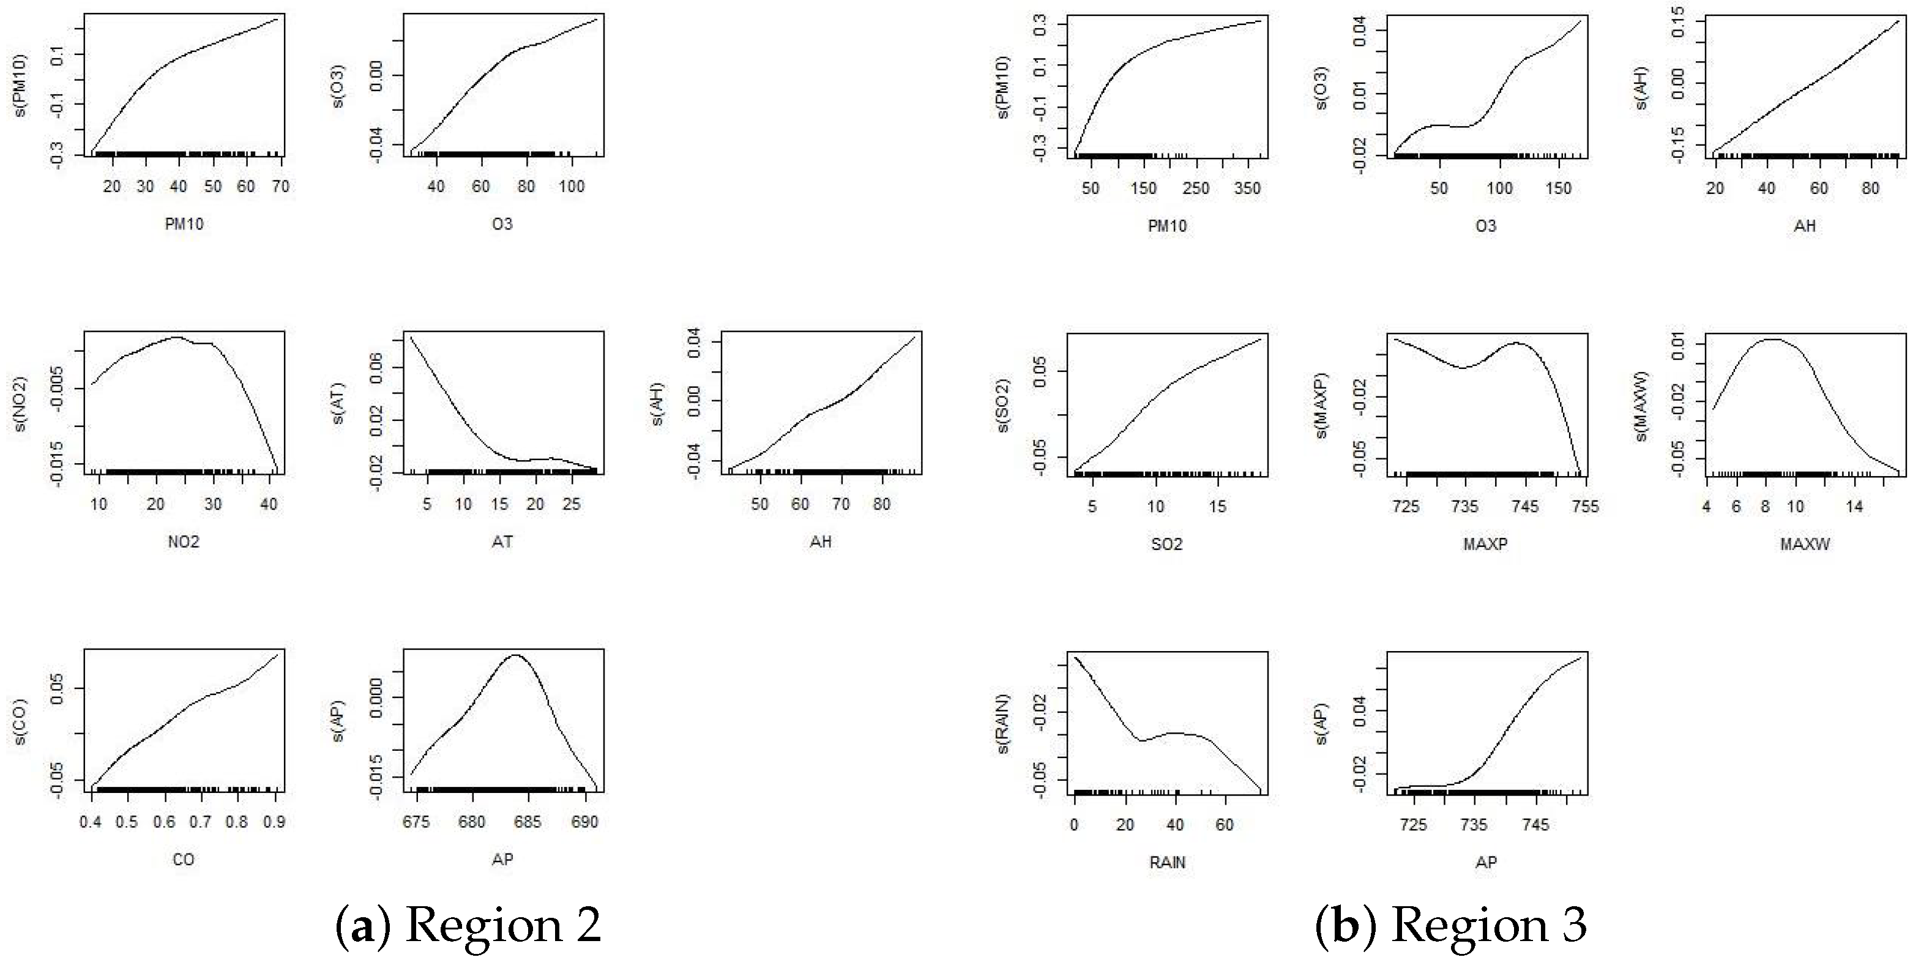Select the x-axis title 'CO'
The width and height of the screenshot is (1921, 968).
[x=184, y=860]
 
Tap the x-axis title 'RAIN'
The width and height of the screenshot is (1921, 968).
[x=1167, y=863]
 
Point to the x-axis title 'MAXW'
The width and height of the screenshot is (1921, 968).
[x=1805, y=545]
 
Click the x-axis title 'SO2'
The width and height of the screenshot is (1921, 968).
[x=1167, y=545]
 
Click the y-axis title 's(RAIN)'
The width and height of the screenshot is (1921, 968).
[x=1003, y=723]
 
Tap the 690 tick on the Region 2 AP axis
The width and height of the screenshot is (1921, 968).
[x=584, y=822]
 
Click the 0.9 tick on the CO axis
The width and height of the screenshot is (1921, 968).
[x=274, y=822]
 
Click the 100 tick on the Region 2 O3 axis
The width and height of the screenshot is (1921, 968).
[x=572, y=187]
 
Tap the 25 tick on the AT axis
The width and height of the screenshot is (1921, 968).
[x=571, y=504]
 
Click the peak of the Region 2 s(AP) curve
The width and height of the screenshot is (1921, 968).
[x=516, y=655]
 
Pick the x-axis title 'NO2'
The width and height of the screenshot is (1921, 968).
[x=184, y=542]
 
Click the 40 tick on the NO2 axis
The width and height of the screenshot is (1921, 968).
[x=269, y=504]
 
